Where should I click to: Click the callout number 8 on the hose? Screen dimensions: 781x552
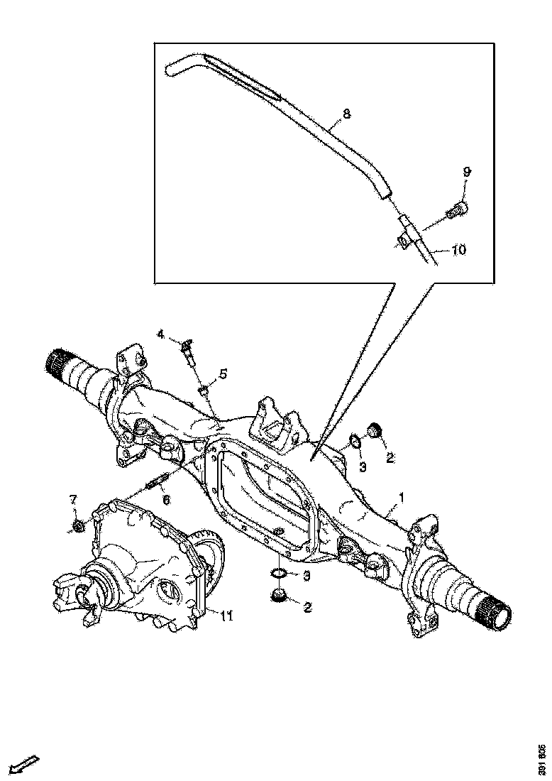pyautogui.click(x=346, y=114)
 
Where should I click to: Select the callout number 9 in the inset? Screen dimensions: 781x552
pyautogui.click(x=467, y=172)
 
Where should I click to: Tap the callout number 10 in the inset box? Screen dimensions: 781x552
pyautogui.click(x=458, y=250)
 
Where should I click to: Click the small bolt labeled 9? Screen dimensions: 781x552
pyautogui.click(x=459, y=209)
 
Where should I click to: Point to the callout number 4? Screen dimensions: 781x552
pyautogui.click(x=161, y=333)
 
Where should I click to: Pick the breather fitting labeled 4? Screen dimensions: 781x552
pyautogui.click(x=187, y=349)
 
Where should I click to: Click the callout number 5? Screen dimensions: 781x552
pyautogui.click(x=223, y=373)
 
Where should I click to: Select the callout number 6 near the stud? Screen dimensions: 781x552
pyautogui.click(x=166, y=500)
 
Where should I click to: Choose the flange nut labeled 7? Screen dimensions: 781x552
pyautogui.click(x=78, y=526)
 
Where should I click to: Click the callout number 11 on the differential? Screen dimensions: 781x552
pyautogui.click(x=226, y=615)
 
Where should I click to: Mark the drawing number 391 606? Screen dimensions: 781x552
pyautogui.click(x=542, y=760)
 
